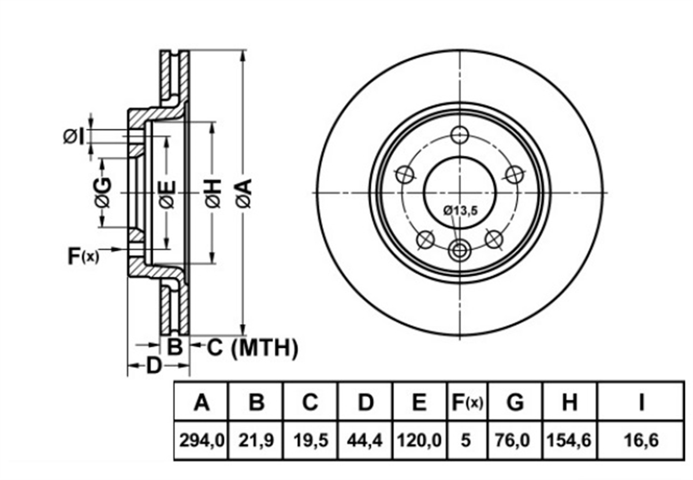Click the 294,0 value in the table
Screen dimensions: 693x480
pyautogui.click(x=202, y=440)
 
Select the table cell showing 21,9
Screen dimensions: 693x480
pyautogui.click(x=256, y=440)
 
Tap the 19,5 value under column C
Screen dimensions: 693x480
pyautogui.click(x=311, y=440)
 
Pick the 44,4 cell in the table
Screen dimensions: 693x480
pyautogui.click(x=365, y=440)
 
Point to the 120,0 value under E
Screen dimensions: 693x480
pyautogui.click(x=419, y=440)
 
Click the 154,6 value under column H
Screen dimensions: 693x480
pyautogui.click(x=569, y=440)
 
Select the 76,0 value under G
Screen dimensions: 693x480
pyautogui.click(x=515, y=440)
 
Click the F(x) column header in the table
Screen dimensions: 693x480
pyautogui.click(x=467, y=403)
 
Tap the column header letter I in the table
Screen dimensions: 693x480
pyautogui.click(x=642, y=402)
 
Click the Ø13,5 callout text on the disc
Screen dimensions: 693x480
pyautogui.click(x=461, y=211)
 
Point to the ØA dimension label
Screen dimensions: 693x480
pyautogui.click(x=244, y=193)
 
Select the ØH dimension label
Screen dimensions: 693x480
pyautogui.click(x=213, y=193)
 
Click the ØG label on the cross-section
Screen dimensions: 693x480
pyautogui.click(x=102, y=192)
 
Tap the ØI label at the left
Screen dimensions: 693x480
pyautogui.click(x=74, y=137)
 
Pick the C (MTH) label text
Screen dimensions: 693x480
pyautogui.click(x=252, y=348)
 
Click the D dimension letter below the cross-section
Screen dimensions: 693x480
pyautogui.click(x=154, y=366)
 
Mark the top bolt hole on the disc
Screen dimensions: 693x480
pyautogui.click(x=460, y=135)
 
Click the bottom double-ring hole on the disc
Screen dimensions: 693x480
pyautogui.click(x=460, y=250)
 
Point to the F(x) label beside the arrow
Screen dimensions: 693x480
pyautogui.click(x=84, y=256)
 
